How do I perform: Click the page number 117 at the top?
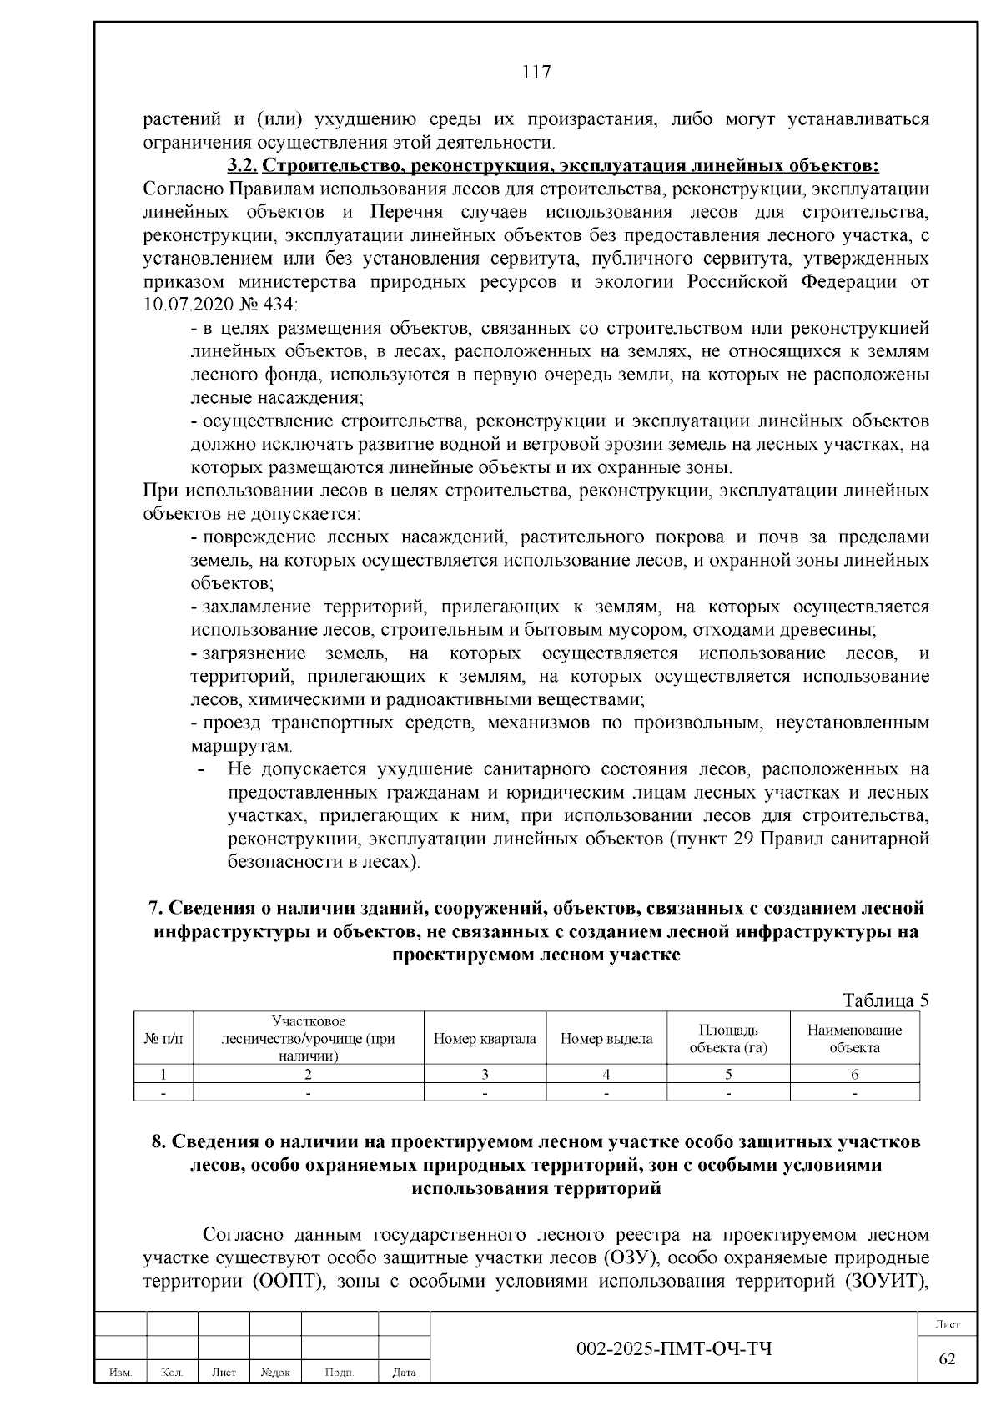point(536,72)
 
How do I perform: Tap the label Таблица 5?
point(884,1000)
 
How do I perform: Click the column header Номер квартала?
point(485,1039)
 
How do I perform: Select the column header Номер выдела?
point(606,1039)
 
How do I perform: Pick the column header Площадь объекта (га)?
point(728,1039)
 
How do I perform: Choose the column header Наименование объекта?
point(854,1039)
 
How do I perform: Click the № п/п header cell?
point(163,1039)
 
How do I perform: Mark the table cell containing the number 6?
point(854,1075)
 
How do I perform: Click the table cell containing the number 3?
point(485,1075)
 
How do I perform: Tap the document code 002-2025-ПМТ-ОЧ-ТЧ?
point(674,1348)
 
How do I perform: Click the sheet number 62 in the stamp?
point(947,1358)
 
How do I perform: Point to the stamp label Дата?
point(404,1373)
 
